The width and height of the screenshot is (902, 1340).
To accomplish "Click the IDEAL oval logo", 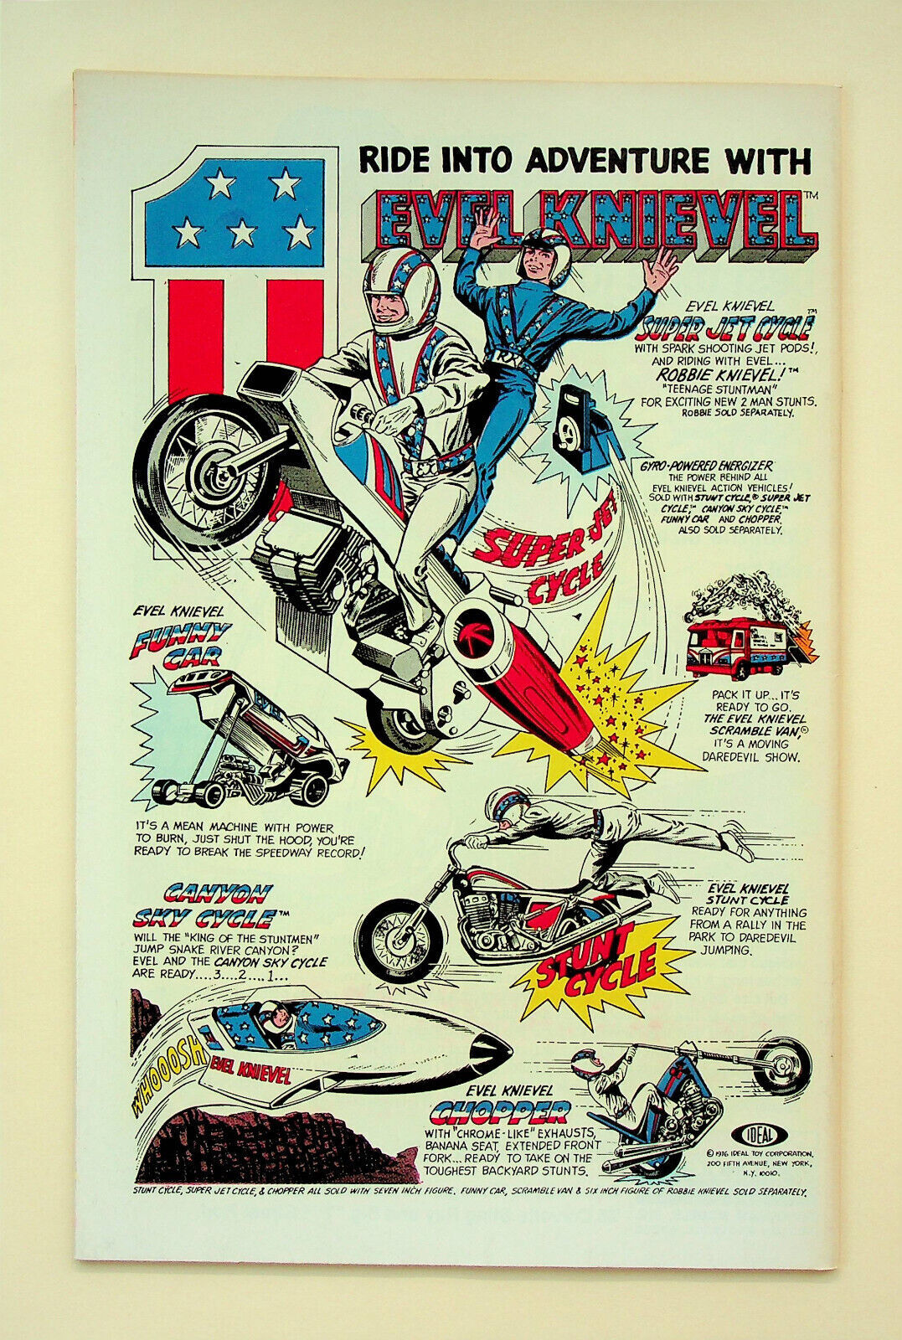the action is (754, 1134).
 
